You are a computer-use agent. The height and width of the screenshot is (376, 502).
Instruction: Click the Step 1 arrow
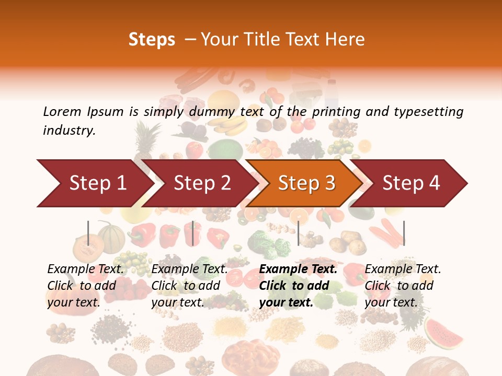click(x=94, y=183)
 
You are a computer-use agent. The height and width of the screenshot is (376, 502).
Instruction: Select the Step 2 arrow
click(x=201, y=183)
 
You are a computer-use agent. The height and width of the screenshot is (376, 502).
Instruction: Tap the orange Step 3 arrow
click(x=306, y=183)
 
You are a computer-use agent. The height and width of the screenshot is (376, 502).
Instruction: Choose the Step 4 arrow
click(x=411, y=183)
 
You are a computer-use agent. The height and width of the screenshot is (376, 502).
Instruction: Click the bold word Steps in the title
click(x=152, y=40)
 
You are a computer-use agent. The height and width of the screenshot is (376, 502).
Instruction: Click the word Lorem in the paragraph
click(x=62, y=111)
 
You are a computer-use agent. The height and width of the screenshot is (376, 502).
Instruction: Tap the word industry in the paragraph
click(x=69, y=131)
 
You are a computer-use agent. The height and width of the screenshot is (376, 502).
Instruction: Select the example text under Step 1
click(x=86, y=285)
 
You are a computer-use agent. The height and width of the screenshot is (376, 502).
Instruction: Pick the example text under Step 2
click(x=189, y=285)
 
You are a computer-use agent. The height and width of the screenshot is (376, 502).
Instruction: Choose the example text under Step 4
click(x=403, y=285)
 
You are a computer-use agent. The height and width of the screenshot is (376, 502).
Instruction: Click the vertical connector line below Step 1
click(x=88, y=233)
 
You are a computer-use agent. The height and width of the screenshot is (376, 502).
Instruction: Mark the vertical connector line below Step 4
click(x=404, y=233)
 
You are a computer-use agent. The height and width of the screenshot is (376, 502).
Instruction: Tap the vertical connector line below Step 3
click(x=298, y=233)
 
